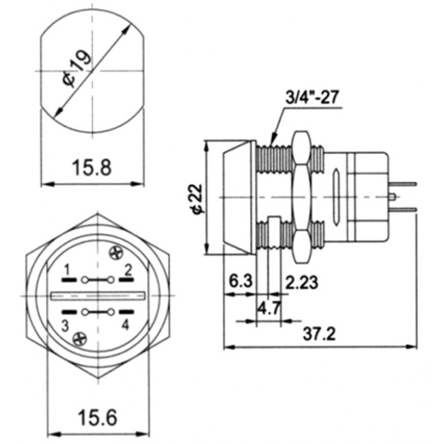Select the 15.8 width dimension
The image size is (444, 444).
click(x=92, y=167)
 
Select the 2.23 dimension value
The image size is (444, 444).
click(x=301, y=281)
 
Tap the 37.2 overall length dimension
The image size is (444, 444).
click(x=320, y=335)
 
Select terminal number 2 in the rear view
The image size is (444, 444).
click(x=127, y=267)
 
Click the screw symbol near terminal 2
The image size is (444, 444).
click(x=115, y=252)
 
